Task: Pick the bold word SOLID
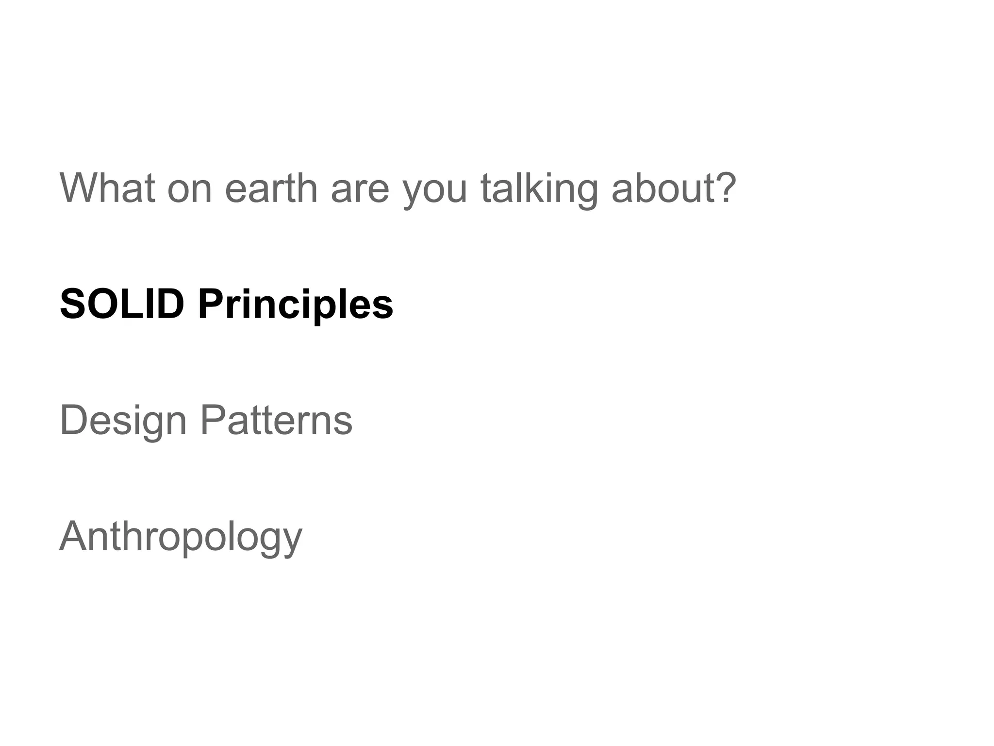tap(122, 304)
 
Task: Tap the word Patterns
tap(276, 421)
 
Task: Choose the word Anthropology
tap(181, 537)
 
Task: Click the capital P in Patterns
tap(212, 420)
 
